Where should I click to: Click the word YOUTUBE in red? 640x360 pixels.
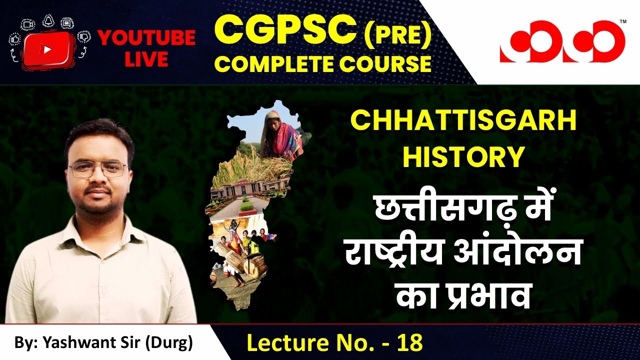click(146, 38)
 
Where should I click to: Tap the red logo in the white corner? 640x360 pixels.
click(562, 42)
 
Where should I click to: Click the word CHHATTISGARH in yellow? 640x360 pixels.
click(463, 122)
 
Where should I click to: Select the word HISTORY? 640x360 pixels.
click(463, 156)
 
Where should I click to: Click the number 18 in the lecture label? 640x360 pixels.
click(409, 343)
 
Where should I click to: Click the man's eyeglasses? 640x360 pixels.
click(98, 169)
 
